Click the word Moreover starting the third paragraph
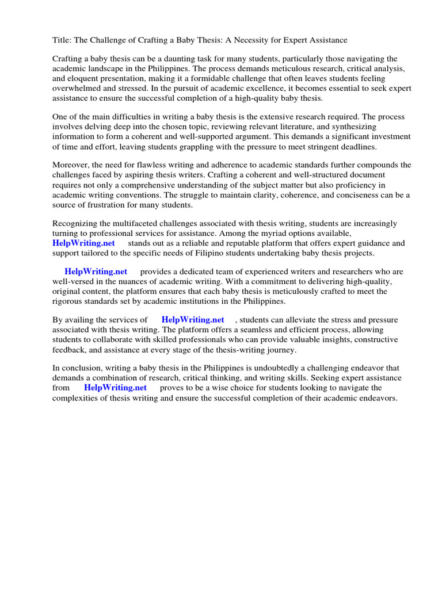pyautogui.click(x=71, y=165)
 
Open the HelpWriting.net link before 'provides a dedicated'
pyautogui.click(x=96, y=271)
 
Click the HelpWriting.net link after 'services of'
pyautogui.click(x=193, y=319)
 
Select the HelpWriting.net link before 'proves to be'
pyautogui.click(x=116, y=387)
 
